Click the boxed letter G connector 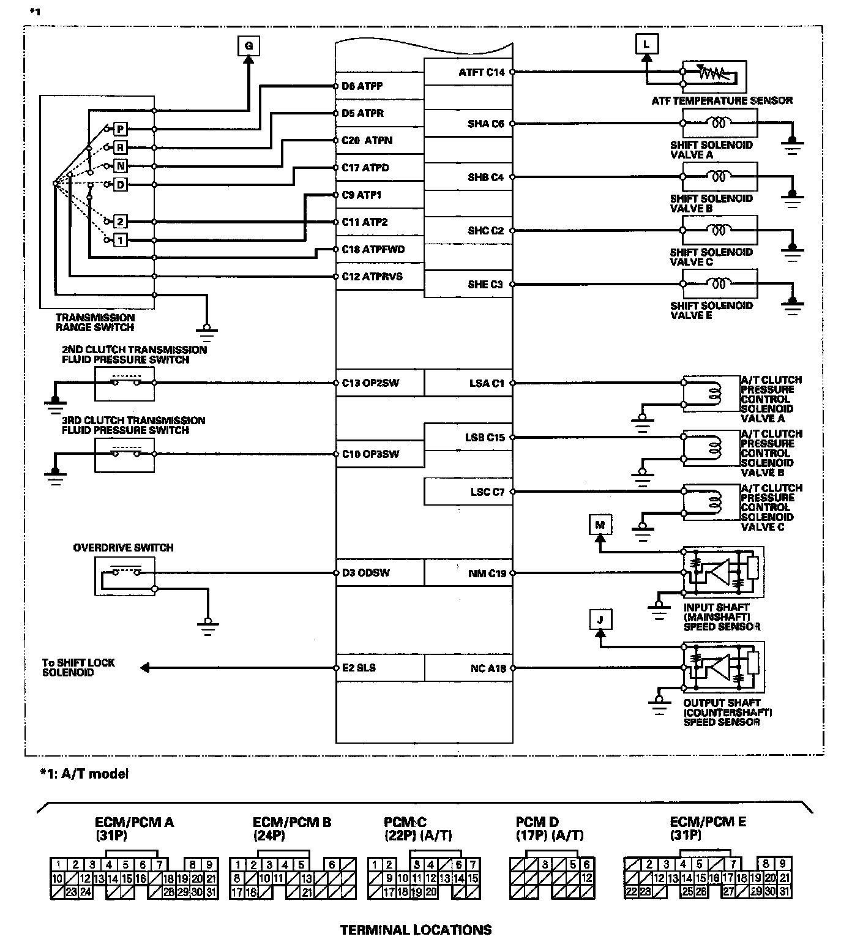248,46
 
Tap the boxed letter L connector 646,44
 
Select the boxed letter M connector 600,525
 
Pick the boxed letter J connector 600,619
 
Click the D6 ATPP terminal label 362,86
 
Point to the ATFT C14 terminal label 482,72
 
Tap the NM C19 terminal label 487,574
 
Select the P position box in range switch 121,129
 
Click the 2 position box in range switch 121,222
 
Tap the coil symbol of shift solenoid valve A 719,124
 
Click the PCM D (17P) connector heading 549,828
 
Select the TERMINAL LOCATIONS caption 416,930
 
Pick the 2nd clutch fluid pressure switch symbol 125,383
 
